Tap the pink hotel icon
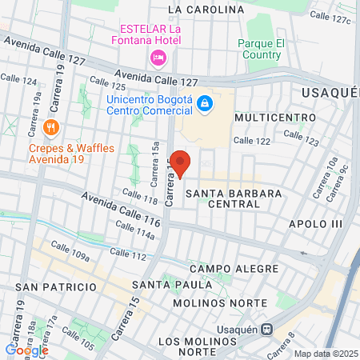[x=158, y=57]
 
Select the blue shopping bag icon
[x=205, y=103]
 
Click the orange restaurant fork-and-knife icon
[x=51, y=126]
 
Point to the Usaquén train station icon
[x=267, y=328]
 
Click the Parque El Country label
[x=259, y=50]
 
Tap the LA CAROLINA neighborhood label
[x=206, y=10]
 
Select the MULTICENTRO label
[x=270, y=117]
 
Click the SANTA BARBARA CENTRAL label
[x=222, y=198]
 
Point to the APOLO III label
[x=315, y=224]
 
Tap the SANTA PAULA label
[x=173, y=284]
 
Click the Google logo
[x=26, y=350]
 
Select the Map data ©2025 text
[x=324, y=354]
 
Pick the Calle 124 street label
[x=18, y=80]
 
